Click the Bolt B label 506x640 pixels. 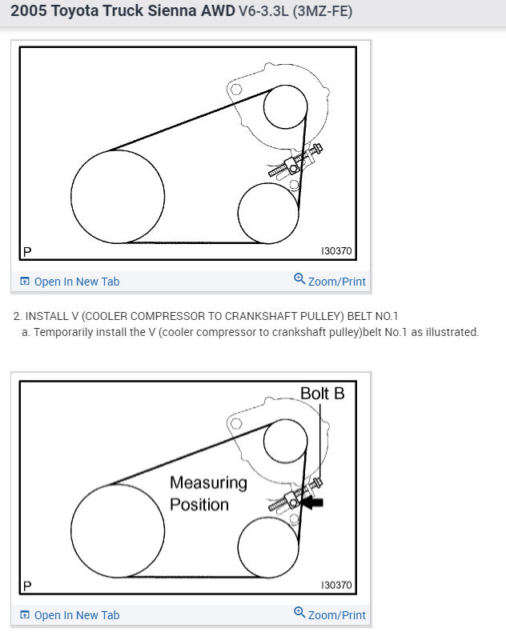(322, 394)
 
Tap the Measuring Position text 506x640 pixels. (208, 494)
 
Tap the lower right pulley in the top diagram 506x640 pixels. (268, 212)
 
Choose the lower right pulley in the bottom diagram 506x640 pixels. (268, 546)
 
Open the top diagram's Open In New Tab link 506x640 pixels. (76, 282)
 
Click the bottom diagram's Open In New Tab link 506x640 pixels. (76, 615)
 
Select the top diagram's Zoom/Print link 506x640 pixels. (335, 282)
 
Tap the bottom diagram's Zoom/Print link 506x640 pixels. (335, 615)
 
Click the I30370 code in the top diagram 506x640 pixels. (335, 250)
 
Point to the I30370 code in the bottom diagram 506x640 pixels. (335, 585)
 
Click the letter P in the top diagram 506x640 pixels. (27, 251)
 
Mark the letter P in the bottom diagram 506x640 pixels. (27, 586)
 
